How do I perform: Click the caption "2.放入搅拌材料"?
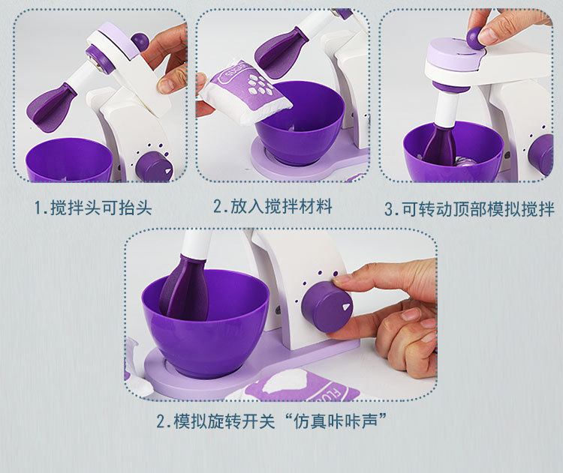coord(272,206)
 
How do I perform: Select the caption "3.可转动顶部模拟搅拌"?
coord(468,208)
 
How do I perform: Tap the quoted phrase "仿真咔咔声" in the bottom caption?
coord(342,421)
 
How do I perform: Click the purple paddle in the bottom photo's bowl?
coord(186,289)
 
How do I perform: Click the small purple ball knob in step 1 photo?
coord(140,41)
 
